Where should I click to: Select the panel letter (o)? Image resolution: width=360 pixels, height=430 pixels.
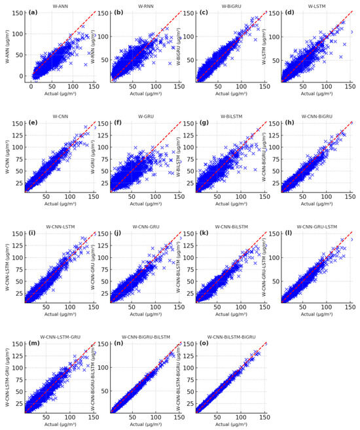[204, 345]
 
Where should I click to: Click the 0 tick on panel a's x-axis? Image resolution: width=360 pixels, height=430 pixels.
[31, 85]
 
